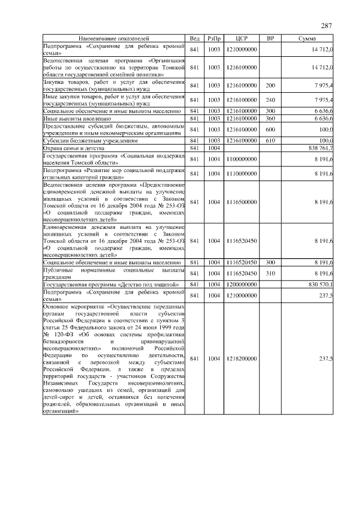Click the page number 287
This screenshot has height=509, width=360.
(326, 26)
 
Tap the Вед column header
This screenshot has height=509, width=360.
(195, 38)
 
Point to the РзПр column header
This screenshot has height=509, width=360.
(214, 38)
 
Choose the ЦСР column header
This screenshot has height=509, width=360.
(242, 38)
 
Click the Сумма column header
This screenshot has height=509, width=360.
(307, 38)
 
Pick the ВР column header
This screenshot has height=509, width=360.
(271, 38)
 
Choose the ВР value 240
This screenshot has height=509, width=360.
(271, 100)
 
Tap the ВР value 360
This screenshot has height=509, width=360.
(271, 119)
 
